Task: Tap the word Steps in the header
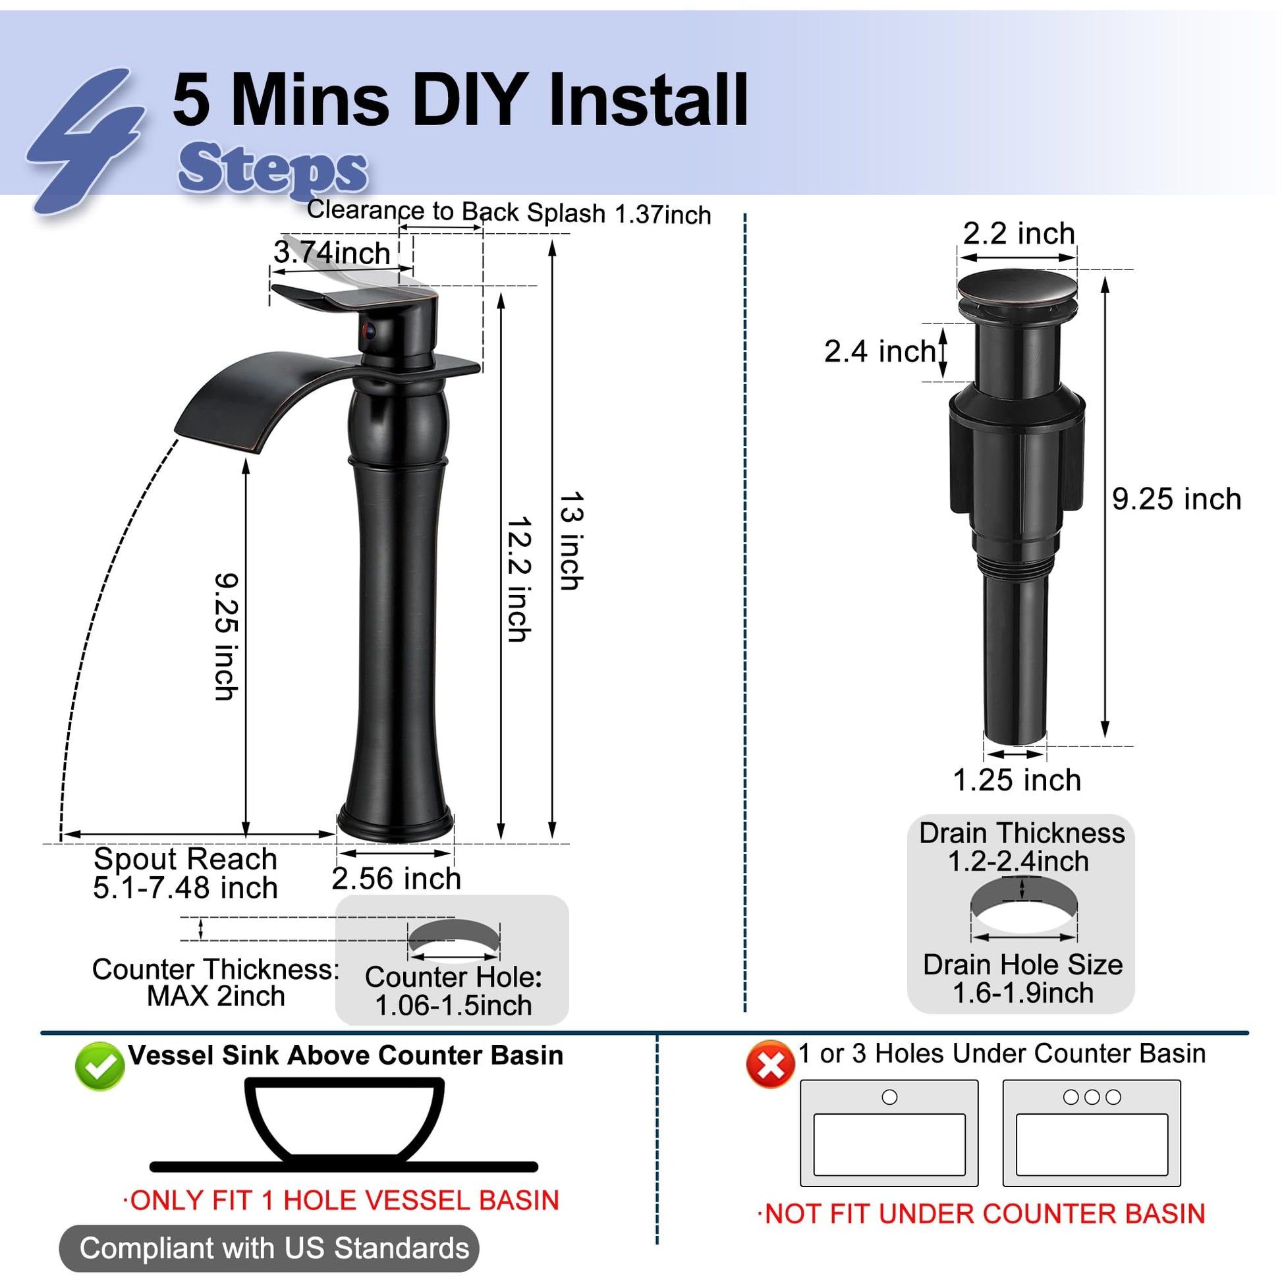click(273, 169)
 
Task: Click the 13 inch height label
click(571, 541)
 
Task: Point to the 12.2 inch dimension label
click(518, 578)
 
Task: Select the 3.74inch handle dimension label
click(332, 253)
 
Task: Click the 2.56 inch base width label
click(396, 879)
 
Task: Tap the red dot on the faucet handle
click(369, 331)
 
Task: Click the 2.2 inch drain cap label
click(1018, 234)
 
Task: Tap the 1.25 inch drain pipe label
click(1017, 781)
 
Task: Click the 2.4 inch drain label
click(880, 352)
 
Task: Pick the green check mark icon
click(99, 1067)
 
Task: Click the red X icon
click(770, 1065)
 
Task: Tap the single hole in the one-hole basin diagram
click(889, 1098)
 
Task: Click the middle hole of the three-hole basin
click(1092, 1098)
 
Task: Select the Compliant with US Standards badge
click(269, 1248)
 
